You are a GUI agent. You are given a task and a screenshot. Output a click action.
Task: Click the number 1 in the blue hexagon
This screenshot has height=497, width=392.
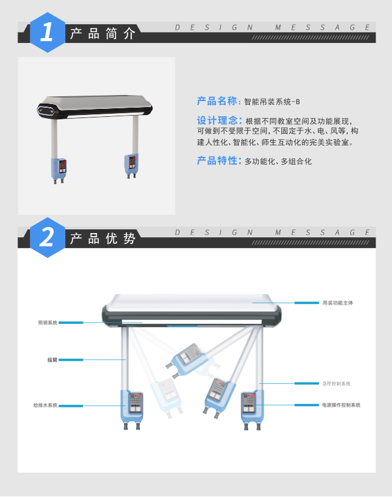coord(47,32)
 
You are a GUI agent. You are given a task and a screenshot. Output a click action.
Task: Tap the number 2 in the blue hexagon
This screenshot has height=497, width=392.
coord(47,237)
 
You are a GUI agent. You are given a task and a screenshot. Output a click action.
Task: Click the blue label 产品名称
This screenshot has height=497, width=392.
coord(218,101)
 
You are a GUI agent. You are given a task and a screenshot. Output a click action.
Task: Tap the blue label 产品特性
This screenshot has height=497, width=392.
coord(219,161)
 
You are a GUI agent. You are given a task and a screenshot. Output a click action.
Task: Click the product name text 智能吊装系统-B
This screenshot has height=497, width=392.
coord(272,102)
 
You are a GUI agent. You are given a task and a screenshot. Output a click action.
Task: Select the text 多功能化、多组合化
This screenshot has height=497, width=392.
coord(278,162)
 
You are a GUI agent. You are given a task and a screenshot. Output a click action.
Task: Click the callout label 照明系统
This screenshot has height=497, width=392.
coord(47,323)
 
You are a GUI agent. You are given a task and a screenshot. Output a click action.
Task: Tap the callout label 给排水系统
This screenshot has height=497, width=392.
coord(45,405)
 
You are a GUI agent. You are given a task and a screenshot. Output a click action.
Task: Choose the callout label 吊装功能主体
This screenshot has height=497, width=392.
coord(338,302)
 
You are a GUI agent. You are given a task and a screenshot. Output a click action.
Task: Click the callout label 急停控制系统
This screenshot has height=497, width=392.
coord(337,383)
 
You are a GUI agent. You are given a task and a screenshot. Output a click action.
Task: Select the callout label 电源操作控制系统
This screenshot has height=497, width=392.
coord(341,404)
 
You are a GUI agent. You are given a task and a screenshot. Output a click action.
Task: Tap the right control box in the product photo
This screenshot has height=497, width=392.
coord(131,163)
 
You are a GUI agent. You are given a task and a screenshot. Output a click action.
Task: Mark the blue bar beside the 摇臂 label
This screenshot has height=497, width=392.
coord(71,360)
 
